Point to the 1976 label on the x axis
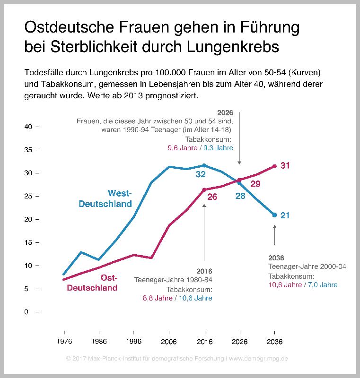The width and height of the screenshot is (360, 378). [64, 341]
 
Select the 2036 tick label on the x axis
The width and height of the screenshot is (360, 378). [274, 341]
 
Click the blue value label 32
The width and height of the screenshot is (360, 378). [201, 174]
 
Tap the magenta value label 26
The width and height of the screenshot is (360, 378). [212, 197]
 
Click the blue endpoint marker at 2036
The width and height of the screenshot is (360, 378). [274, 215]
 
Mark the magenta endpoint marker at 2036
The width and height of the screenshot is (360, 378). [274, 166]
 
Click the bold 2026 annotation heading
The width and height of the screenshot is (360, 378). [225, 113]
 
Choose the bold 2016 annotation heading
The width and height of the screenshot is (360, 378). [204, 271]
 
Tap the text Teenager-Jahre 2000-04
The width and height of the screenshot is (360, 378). [307, 267]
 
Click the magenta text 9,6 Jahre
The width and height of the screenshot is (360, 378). [184, 147]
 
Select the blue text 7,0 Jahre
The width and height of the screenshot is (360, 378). [323, 285]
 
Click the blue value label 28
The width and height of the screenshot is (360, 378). [240, 195]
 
